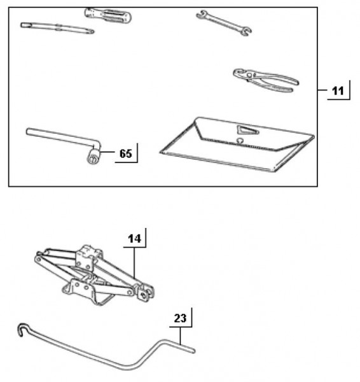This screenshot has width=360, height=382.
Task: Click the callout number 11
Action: click(338, 91)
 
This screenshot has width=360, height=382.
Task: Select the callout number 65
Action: click(125, 153)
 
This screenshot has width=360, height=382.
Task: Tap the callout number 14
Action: click(134, 239)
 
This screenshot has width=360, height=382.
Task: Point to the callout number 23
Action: click(180, 318)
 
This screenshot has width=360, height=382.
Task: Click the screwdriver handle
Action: click(108, 15)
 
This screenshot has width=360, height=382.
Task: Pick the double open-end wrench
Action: click(224, 23)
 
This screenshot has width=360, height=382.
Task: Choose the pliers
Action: click(266, 80)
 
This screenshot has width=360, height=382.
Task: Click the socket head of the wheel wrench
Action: click(93, 156)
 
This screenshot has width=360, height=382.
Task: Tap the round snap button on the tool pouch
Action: click(240, 141)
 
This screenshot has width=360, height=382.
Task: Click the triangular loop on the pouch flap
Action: click(247, 130)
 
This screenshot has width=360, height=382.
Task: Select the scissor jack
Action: click(94, 275)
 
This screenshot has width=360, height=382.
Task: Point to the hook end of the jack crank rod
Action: click(22, 329)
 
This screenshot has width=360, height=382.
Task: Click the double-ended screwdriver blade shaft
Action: click(57, 28)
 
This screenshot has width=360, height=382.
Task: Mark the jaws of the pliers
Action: click(242, 74)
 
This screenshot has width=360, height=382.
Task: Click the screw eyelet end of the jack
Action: click(146, 293)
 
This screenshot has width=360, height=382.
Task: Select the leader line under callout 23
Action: click(180, 336)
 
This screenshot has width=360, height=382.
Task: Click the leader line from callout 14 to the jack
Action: click(134, 263)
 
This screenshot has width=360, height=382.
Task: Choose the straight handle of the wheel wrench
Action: click(61, 137)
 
